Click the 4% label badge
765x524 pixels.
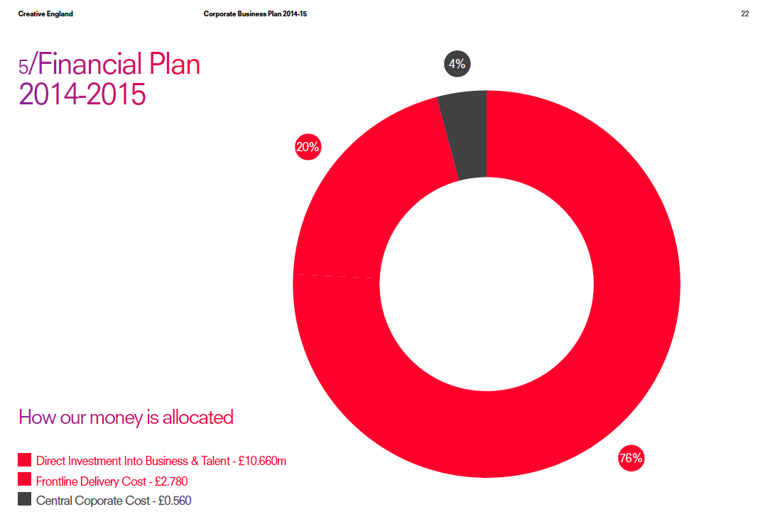coord(457,65)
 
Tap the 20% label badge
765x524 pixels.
coord(308,148)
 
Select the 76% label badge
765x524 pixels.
coord(631,458)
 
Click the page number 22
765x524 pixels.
coord(744,14)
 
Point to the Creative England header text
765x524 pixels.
coord(45,14)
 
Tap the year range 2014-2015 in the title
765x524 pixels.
coord(82,94)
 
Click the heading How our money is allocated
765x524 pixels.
coord(126,417)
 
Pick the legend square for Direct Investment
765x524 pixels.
coord(25,461)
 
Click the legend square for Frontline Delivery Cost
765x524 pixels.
coord(25,481)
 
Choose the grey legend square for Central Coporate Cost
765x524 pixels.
coord(25,500)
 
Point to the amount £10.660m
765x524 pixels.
coord(262,461)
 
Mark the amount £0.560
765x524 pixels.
coord(174,501)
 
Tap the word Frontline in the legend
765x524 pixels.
coord(57,481)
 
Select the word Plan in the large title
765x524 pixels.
coord(173,65)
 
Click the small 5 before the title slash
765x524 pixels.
coord(23,67)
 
